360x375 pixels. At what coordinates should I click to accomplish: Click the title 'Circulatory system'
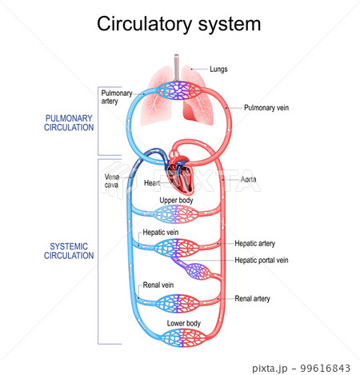(178, 24)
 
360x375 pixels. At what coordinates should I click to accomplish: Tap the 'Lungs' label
(218, 70)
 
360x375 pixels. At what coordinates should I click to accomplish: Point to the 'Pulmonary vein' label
(266, 106)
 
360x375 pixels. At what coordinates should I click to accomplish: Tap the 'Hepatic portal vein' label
(262, 260)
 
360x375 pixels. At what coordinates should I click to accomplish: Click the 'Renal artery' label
(252, 298)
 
